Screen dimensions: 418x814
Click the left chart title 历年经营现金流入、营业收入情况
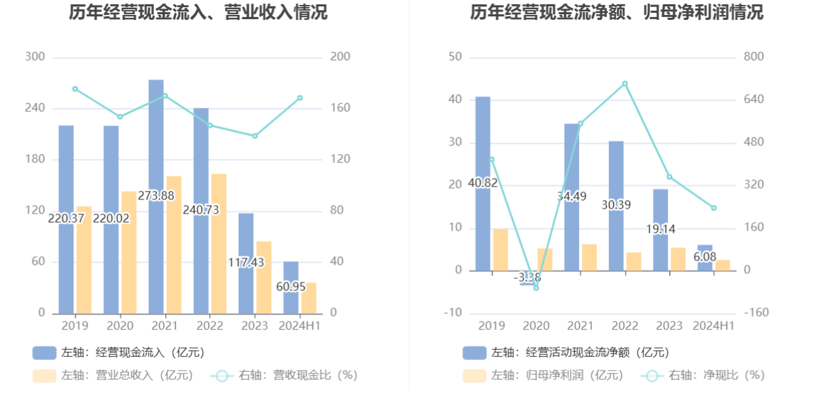click(198, 12)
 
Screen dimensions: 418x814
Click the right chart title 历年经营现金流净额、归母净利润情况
click(617, 12)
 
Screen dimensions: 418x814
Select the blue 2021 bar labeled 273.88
click(156, 142)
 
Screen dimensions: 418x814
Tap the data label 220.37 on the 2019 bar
click(66, 219)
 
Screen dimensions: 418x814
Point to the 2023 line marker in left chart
click(255, 136)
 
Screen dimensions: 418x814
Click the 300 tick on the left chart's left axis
click(35, 57)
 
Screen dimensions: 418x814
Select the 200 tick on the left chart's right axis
click(341, 57)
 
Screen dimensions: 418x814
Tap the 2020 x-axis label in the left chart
click(119, 326)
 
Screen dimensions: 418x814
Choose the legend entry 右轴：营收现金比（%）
click(284, 375)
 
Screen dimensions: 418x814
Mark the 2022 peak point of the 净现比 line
click(625, 84)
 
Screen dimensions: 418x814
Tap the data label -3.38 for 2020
click(527, 277)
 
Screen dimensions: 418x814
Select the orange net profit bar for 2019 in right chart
click(500, 250)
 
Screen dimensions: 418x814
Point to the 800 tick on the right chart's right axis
click(754, 57)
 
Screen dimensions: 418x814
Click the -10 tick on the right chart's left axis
click(454, 313)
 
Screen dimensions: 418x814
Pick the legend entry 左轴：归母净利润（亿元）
click(543, 375)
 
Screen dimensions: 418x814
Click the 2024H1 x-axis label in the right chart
click(713, 326)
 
